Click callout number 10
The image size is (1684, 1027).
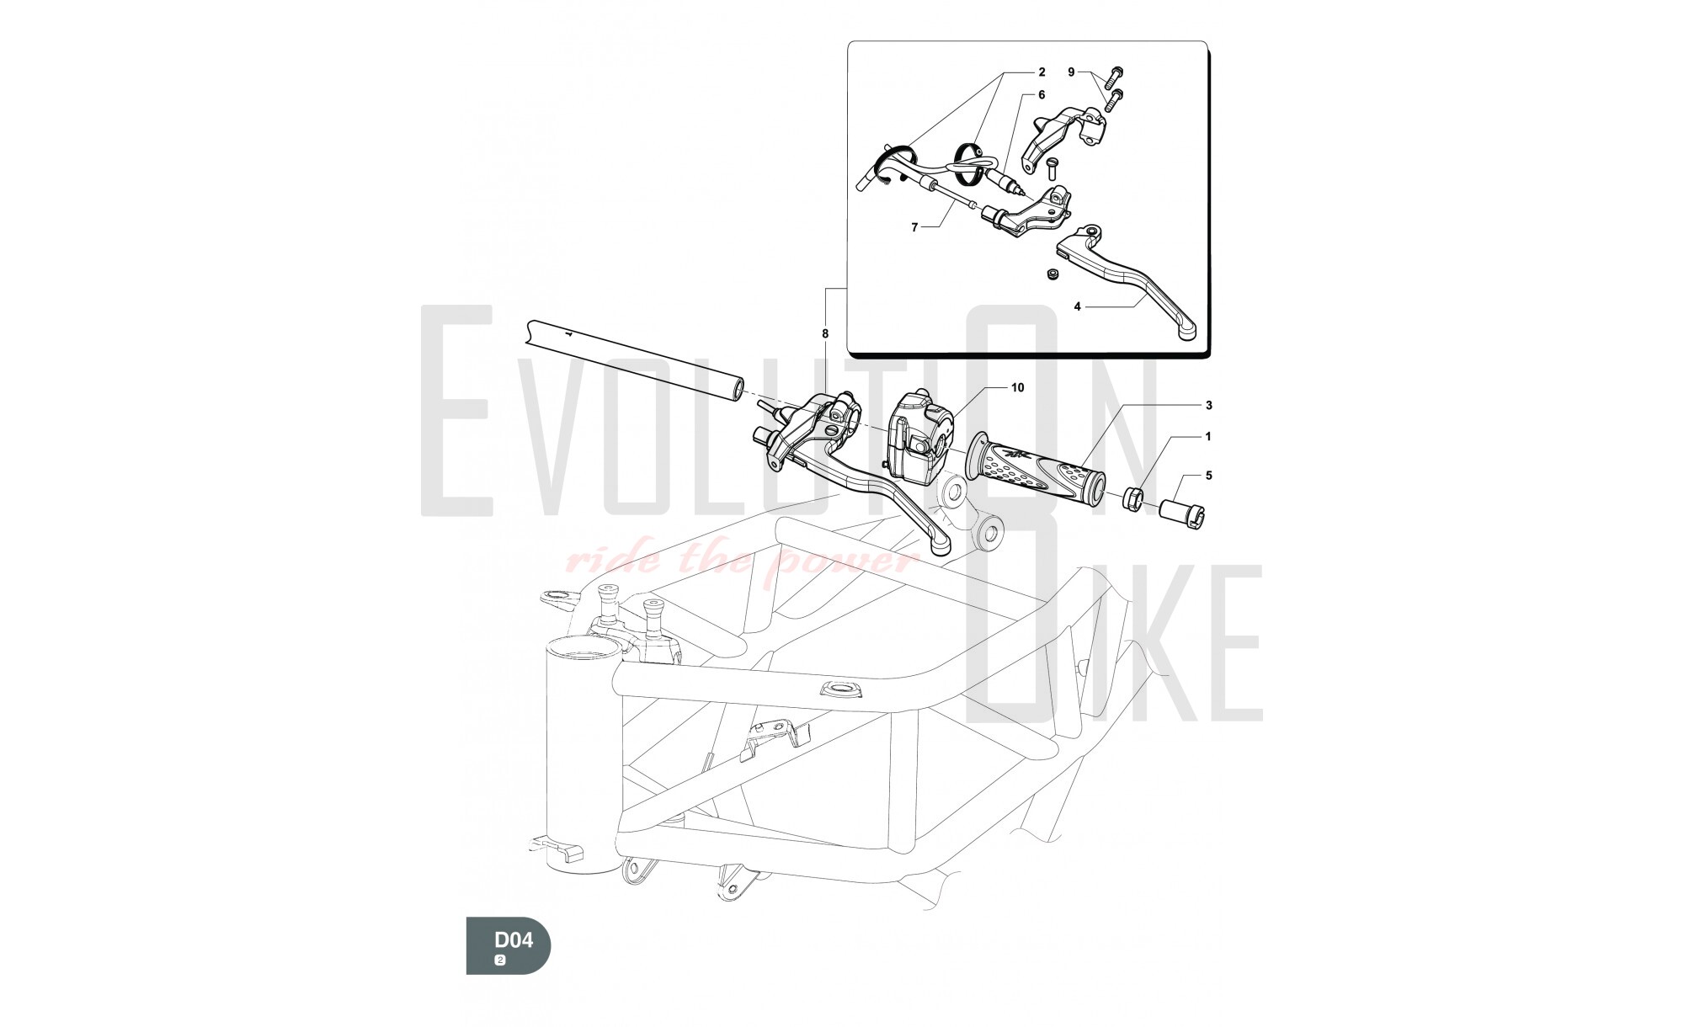[x=1018, y=388]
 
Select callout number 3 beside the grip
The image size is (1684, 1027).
[x=1209, y=406]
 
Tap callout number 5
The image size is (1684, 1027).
[x=1209, y=476]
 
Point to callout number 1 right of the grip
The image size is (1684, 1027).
[x=1209, y=437]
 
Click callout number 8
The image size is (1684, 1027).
[x=825, y=333]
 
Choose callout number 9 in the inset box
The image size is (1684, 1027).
[x=1072, y=72]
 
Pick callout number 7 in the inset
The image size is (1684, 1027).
[x=914, y=226]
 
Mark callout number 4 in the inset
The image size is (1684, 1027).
[x=1077, y=306]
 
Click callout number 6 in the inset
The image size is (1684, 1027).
[x=1042, y=95]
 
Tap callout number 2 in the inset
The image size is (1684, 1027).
[x=1042, y=72]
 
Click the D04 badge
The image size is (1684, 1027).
[x=509, y=945]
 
